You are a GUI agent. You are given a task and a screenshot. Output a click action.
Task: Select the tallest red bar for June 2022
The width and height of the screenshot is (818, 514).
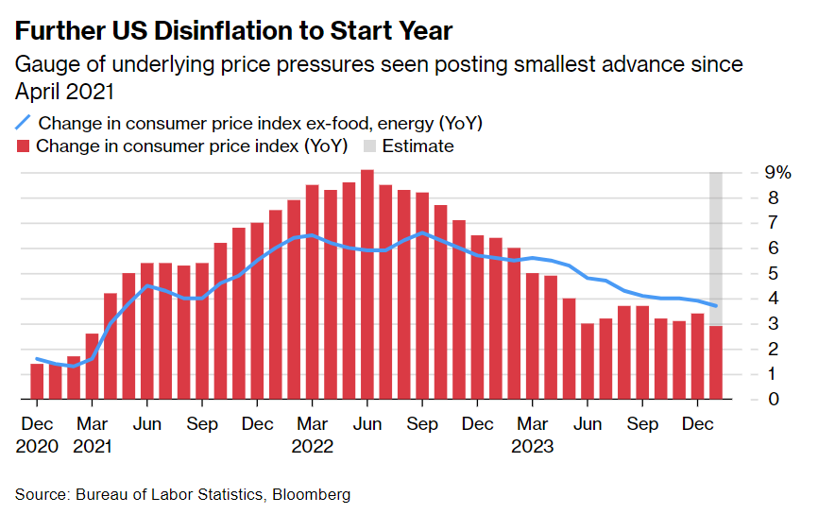(367, 283)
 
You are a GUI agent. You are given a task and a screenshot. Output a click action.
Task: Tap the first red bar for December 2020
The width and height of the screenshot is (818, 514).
(37, 381)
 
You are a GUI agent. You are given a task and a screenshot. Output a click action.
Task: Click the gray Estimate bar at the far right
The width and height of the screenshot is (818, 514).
(717, 246)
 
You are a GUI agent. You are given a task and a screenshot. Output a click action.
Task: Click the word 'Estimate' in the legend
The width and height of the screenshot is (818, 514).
(418, 146)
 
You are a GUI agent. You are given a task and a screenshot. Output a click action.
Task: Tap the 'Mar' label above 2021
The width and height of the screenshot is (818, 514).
(92, 425)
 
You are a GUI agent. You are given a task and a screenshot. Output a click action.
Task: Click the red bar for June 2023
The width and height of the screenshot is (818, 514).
(588, 361)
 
